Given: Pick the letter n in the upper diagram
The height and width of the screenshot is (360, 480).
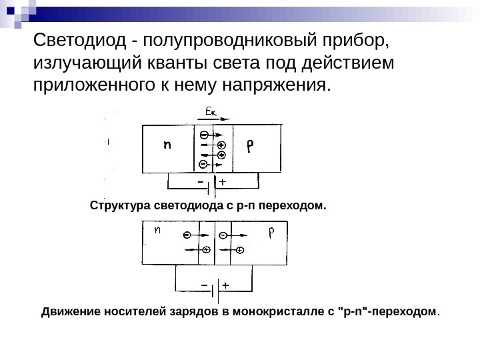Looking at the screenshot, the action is coord(167,144).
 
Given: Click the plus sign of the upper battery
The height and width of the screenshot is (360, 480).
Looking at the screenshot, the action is coord(222,181).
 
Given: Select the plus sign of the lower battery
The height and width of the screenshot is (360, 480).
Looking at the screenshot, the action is coord(225,284).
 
